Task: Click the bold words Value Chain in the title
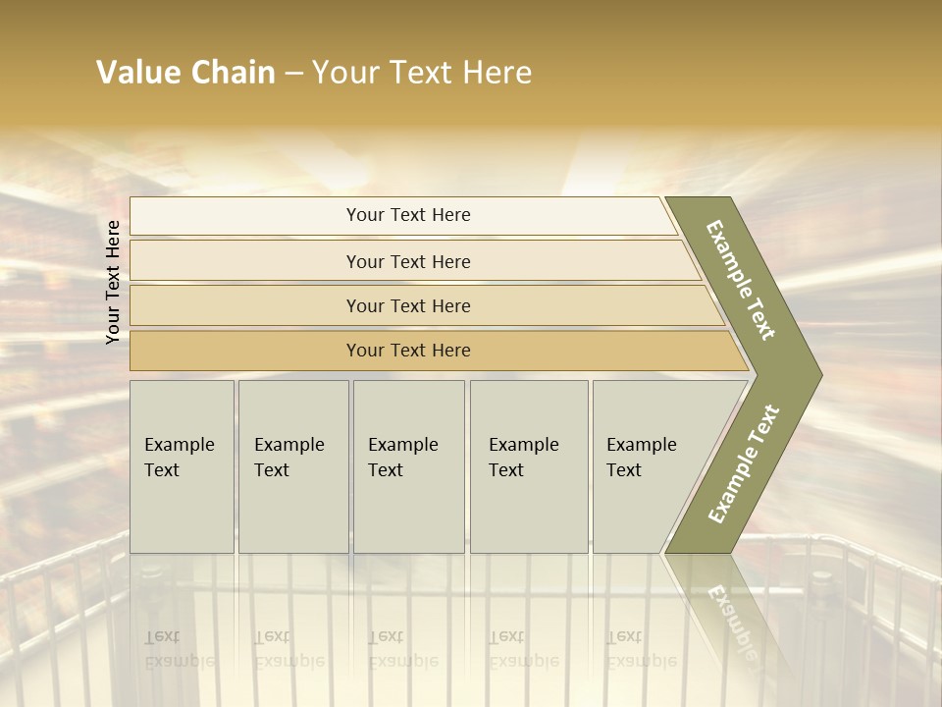pos(185,73)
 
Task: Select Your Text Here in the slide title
pos(422,73)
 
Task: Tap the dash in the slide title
pos(293,73)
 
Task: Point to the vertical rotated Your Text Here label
pos(113,282)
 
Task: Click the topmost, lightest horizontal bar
pos(245,216)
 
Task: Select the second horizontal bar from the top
pos(245,261)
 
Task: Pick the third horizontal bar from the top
pos(245,305)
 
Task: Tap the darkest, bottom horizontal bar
pos(245,351)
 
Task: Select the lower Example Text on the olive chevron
pos(744,464)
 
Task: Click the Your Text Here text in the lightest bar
pos(408,215)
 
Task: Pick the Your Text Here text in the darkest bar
pos(408,351)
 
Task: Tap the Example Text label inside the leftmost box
pos(179,457)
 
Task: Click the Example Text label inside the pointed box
pos(641,457)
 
